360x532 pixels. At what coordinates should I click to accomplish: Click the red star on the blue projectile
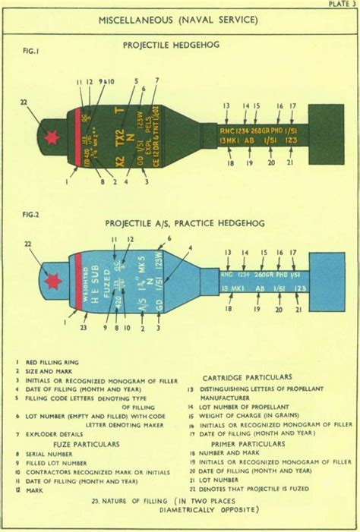(53, 282)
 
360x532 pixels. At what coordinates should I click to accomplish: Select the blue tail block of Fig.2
(327, 280)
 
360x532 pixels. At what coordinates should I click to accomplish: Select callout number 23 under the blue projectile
(83, 328)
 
